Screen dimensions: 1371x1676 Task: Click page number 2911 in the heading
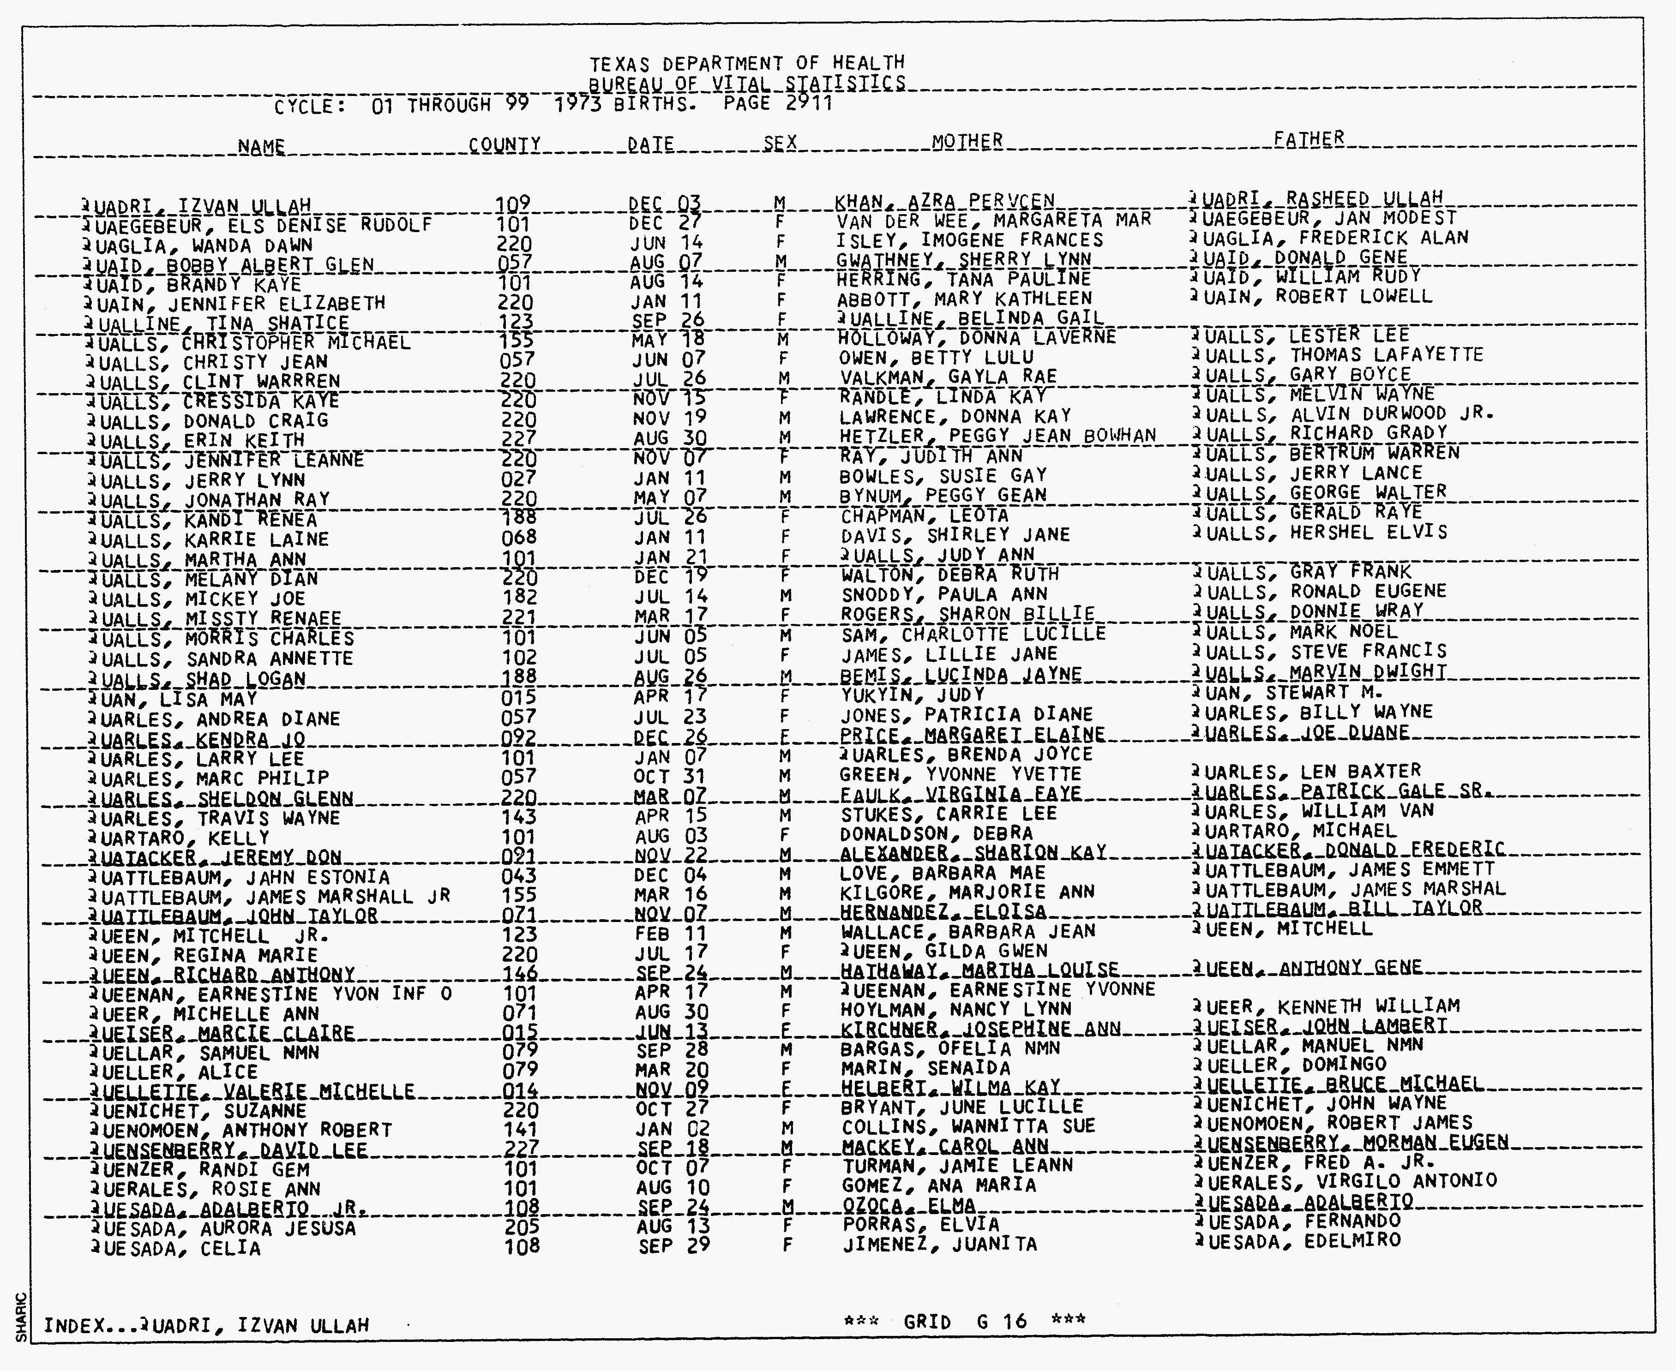[809, 103]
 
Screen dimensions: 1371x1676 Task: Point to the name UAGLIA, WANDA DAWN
[203, 245]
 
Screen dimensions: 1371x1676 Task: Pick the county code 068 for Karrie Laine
[519, 539]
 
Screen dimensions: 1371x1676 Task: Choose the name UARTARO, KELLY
[180, 838]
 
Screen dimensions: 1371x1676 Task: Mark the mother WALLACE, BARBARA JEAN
[967, 932]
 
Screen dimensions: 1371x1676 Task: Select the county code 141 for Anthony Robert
[519, 1129]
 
